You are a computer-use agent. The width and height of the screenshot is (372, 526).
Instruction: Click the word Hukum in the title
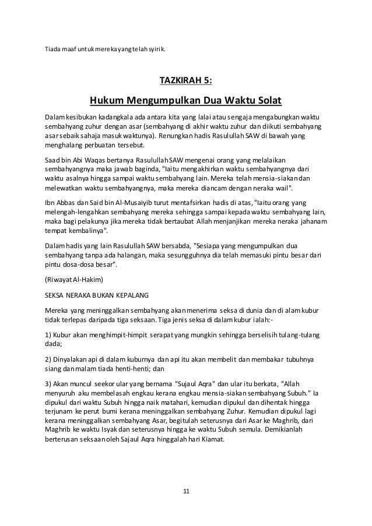[107, 102]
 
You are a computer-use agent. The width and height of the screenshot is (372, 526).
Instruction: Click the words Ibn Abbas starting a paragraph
[62, 202]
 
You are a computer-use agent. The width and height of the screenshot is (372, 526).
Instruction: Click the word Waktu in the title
[232, 102]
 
